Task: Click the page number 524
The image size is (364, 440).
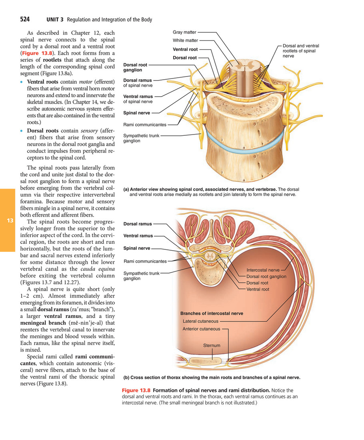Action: (x=25, y=19)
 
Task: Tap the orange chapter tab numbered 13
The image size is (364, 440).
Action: (x=8, y=220)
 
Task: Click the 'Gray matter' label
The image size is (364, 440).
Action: (x=184, y=32)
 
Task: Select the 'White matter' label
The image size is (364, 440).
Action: (x=185, y=40)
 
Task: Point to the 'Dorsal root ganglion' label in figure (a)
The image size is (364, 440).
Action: (x=135, y=67)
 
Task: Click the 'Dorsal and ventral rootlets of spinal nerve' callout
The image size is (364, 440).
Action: (x=301, y=51)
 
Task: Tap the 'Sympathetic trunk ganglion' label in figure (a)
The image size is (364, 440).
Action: (x=141, y=138)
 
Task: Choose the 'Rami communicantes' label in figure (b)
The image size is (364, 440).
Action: (x=145, y=261)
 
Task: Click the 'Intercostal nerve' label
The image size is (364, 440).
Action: (x=263, y=270)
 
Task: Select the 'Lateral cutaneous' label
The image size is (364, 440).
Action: (x=200, y=321)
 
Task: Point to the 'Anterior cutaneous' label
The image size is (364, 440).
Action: (x=201, y=329)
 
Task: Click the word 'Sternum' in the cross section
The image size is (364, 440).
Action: (x=212, y=346)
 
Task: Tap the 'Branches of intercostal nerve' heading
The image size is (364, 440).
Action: (x=212, y=313)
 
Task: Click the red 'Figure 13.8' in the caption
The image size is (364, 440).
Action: (x=136, y=390)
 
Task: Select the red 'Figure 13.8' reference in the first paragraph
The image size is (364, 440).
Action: (x=37, y=53)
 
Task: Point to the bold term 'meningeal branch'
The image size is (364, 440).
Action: (x=43, y=323)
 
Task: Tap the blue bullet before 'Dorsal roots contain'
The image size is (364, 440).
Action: (x=22, y=131)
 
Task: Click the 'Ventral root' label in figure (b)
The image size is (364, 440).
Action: (x=258, y=289)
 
